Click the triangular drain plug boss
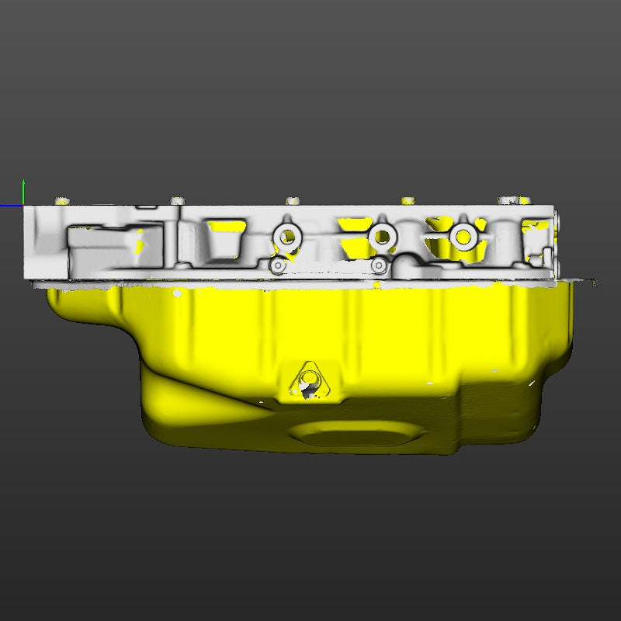(x=309, y=383)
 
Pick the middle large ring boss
(x=381, y=235)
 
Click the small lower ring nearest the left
(x=277, y=266)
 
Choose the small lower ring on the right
(x=378, y=266)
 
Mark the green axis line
(x=23, y=193)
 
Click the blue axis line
(x=11, y=206)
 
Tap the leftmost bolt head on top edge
(x=61, y=201)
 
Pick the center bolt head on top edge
(x=293, y=201)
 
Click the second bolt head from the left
(x=178, y=201)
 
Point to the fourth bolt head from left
(x=408, y=201)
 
